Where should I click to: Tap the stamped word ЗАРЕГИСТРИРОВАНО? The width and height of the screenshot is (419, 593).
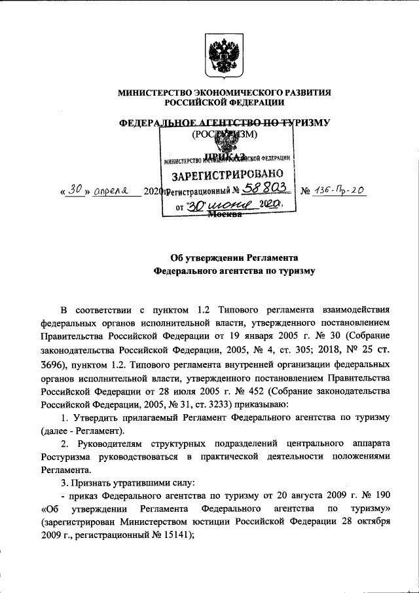(227, 175)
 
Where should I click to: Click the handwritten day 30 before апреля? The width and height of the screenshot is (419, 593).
(77, 190)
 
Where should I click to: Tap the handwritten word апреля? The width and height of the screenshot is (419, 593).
(112, 191)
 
